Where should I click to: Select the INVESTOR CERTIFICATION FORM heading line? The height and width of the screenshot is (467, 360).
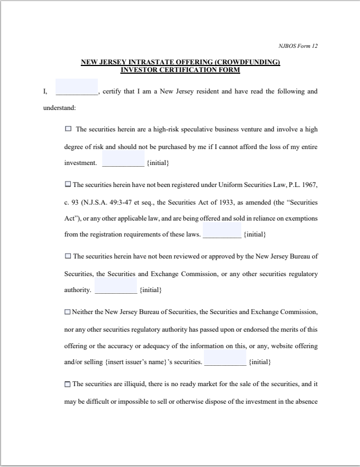tap(180, 70)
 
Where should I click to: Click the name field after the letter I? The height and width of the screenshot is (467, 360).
tap(76, 87)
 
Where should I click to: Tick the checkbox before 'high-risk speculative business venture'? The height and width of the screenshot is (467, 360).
tap(68, 129)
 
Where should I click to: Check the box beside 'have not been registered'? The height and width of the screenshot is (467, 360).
tap(68, 184)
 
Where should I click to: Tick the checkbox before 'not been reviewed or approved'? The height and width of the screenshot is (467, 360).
tap(68, 256)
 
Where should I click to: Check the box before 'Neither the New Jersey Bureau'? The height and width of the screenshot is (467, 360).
tap(68, 312)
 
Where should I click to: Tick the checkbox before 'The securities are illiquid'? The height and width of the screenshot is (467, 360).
tap(68, 384)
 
